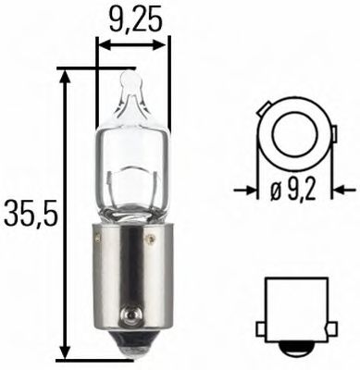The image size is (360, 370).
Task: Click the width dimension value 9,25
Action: coord(132,17)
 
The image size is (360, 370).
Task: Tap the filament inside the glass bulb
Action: coord(131,180)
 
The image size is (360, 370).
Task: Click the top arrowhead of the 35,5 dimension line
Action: coord(64,76)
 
